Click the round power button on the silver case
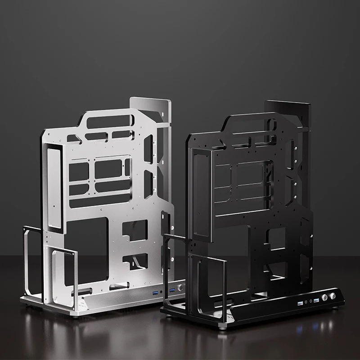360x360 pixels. [x=180, y=288]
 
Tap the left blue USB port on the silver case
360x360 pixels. [x=155, y=293]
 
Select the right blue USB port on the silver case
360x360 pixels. [x=171, y=290]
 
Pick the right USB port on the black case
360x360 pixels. [x=316, y=300]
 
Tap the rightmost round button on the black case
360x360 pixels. [x=333, y=296]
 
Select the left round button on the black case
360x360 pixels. [x=324, y=298]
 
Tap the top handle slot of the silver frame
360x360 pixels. [x=108, y=121]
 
